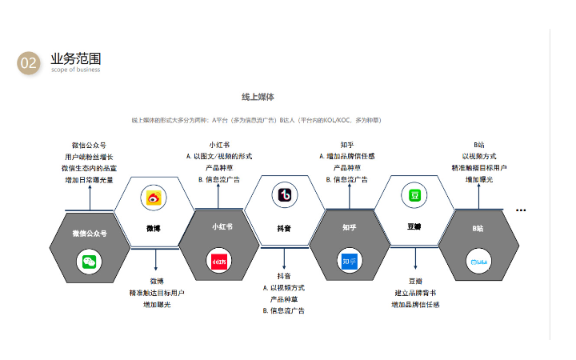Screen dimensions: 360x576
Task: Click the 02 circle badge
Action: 29,63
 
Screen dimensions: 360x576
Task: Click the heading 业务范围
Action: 75,58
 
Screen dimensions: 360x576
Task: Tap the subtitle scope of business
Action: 75,70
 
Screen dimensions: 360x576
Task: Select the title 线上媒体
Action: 258,97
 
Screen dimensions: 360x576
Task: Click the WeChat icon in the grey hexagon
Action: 90,261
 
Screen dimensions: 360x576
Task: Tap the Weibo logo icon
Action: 154,198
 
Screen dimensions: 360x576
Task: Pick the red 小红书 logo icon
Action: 219,261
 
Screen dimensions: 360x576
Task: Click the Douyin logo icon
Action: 284,195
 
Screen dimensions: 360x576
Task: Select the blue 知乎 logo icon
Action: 349,261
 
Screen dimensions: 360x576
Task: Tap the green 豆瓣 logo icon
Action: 414,195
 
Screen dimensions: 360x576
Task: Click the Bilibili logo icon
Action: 478,261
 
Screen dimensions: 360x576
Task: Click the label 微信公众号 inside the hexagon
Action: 90,234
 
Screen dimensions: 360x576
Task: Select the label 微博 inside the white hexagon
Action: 154,228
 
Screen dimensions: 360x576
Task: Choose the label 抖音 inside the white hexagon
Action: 284,228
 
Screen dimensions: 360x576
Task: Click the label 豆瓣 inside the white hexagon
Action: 414,226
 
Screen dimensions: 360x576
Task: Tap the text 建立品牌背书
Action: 415,293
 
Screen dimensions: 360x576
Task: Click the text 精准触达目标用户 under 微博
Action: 157,293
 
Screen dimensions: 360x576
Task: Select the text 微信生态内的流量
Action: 89,168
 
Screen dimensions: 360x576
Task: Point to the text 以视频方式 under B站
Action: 479,156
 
